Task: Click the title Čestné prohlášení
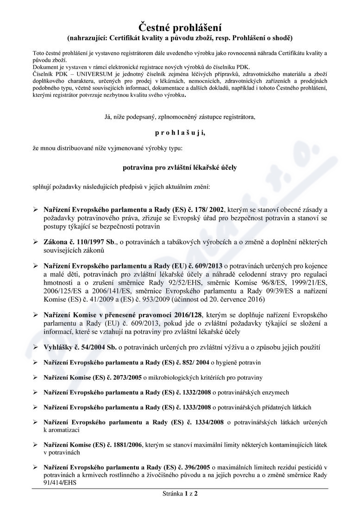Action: click(180, 26)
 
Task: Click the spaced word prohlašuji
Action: click(180, 133)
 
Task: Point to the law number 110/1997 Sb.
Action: click(95, 242)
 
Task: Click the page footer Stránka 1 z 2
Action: click(180, 493)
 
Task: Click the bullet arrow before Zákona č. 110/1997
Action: click(35, 242)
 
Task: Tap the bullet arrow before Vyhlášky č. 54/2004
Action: click(35, 347)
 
